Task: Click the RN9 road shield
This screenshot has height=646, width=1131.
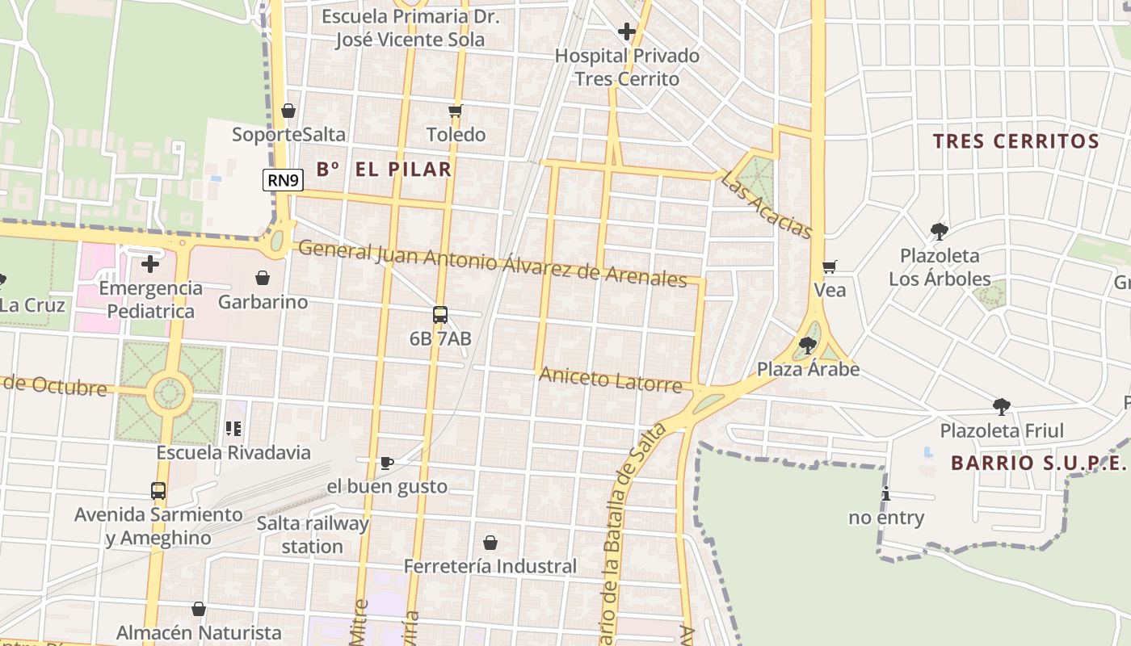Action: [283, 180]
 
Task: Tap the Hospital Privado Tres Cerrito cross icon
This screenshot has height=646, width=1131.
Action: [627, 31]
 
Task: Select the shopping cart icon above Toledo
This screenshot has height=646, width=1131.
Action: [456, 111]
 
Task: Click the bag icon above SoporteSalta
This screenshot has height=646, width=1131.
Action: [288, 111]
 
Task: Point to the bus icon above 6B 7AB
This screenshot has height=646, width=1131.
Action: [440, 315]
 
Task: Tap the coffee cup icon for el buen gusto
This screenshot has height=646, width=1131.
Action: [387, 463]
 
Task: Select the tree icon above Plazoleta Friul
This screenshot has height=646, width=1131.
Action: [1002, 406]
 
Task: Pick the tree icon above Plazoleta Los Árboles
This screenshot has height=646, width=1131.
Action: [939, 232]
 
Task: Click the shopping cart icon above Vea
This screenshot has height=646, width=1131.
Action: [829, 266]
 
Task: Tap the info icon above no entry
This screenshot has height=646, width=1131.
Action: [886, 494]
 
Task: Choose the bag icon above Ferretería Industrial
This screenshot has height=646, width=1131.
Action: [490, 543]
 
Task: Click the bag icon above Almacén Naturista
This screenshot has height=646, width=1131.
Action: [199, 609]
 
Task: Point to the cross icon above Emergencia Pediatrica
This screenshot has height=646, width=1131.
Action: [150, 264]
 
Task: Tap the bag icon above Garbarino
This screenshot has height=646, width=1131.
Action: [263, 278]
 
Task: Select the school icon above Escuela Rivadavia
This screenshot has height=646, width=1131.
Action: [234, 429]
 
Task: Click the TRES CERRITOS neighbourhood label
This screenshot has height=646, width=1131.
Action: [1016, 141]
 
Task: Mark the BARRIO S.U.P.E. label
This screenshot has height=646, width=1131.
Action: [1038, 463]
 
